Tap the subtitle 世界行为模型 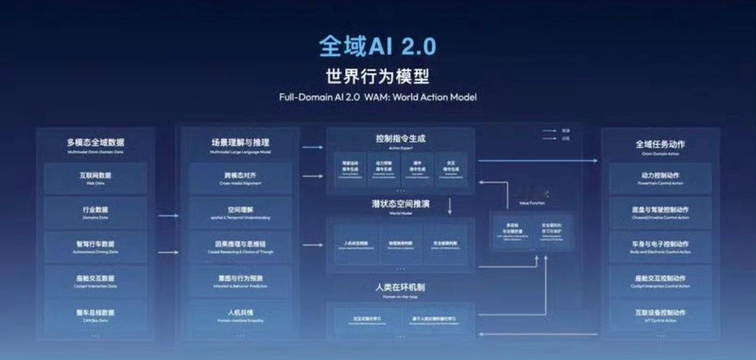click(x=377, y=77)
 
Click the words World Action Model click(x=434, y=97)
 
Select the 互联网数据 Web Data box click(x=95, y=178)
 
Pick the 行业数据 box click(x=95, y=213)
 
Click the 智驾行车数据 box click(x=95, y=246)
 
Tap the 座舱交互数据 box click(x=95, y=281)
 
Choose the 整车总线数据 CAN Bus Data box click(x=95, y=315)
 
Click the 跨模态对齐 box click(x=240, y=178)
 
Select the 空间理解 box click(x=240, y=213)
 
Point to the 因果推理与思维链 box click(x=240, y=246)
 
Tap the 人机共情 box click(x=240, y=315)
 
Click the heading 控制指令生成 click(x=400, y=139)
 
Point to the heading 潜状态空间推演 click(x=400, y=204)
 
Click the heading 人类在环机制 click(x=400, y=287)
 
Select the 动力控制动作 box click(x=660, y=178)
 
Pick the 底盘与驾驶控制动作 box click(x=660, y=213)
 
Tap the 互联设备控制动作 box click(x=660, y=315)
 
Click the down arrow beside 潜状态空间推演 click(x=449, y=205)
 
